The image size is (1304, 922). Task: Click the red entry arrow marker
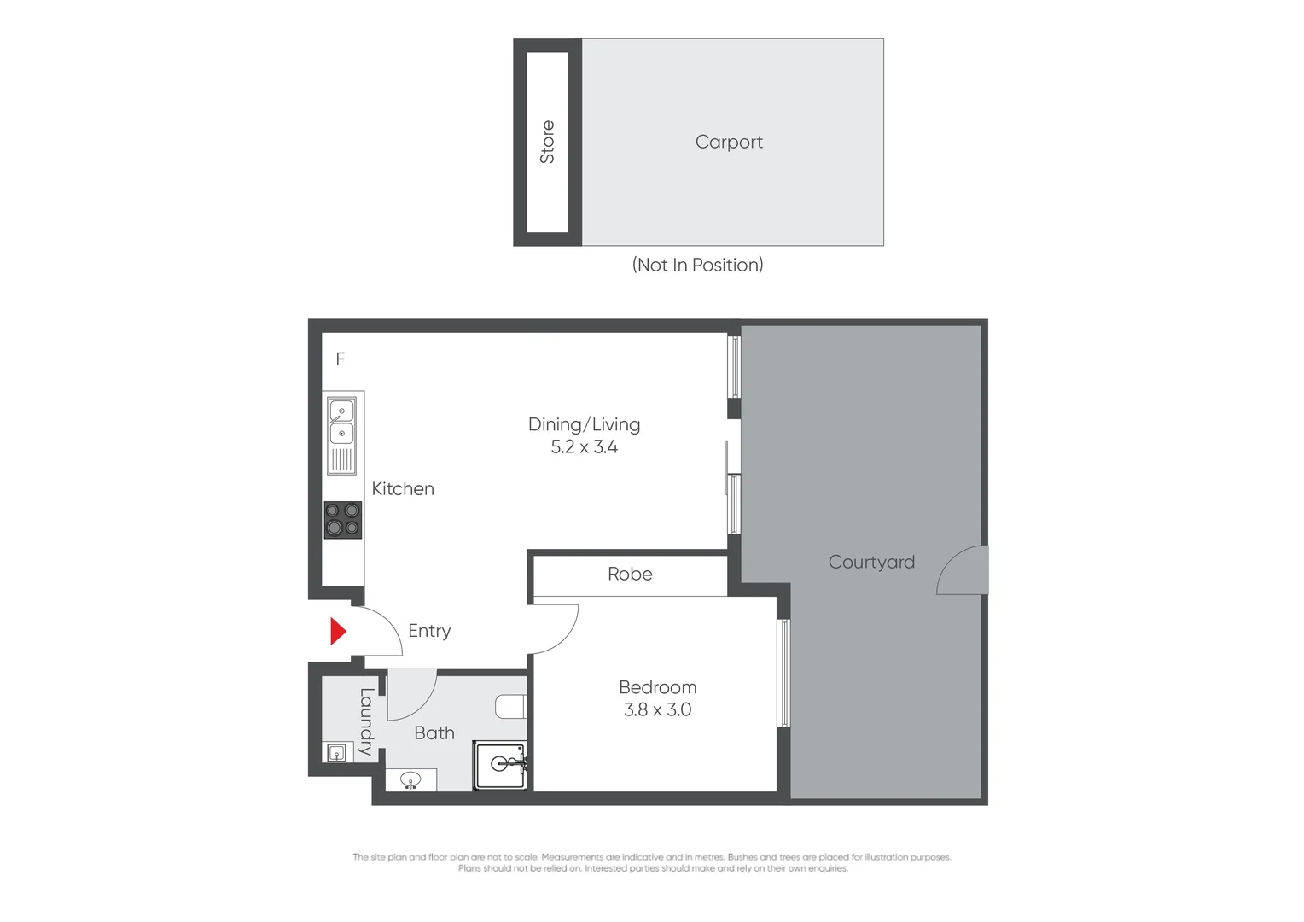coord(338,631)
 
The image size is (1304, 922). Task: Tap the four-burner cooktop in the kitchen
coord(342,520)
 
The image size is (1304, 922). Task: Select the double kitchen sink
coord(341,434)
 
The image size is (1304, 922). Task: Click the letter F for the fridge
coord(341,359)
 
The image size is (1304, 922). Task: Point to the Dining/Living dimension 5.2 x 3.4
coord(584,447)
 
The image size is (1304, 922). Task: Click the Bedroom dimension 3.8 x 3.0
coord(657,709)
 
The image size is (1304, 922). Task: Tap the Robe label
coord(630,575)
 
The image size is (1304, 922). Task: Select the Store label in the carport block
coord(547,142)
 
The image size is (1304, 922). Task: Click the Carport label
coord(729,142)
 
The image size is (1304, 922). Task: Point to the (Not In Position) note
coord(697,265)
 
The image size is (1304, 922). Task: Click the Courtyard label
coord(871,562)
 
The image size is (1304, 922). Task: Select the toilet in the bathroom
coord(511,707)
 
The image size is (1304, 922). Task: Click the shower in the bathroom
coord(501,765)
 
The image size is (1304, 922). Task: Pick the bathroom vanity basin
coord(410,779)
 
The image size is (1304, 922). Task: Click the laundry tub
coord(337,752)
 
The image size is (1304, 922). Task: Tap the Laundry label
coord(366,721)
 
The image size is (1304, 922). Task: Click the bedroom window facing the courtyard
coord(783,673)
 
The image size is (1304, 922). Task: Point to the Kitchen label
coord(403,489)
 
